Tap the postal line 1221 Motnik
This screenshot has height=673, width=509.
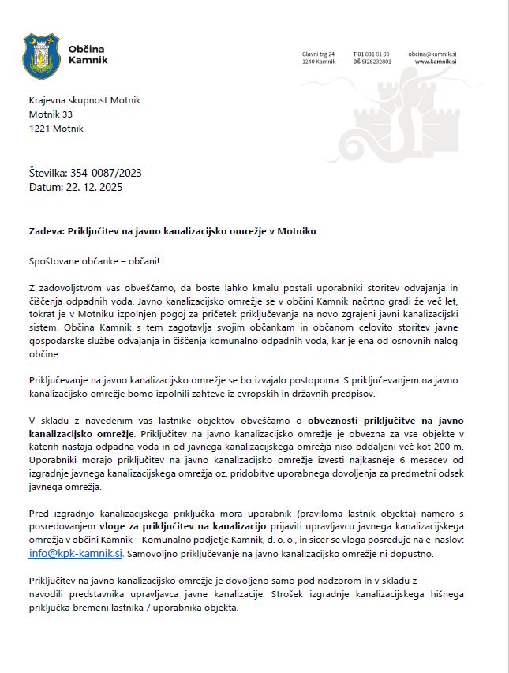(56, 129)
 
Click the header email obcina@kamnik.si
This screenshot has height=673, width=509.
(433, 54)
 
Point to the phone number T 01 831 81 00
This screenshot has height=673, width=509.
(371, 54)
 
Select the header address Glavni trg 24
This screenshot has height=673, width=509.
(318, 54)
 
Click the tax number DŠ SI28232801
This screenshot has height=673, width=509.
(372, 62)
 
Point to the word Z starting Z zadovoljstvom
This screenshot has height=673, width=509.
(32, 288)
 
